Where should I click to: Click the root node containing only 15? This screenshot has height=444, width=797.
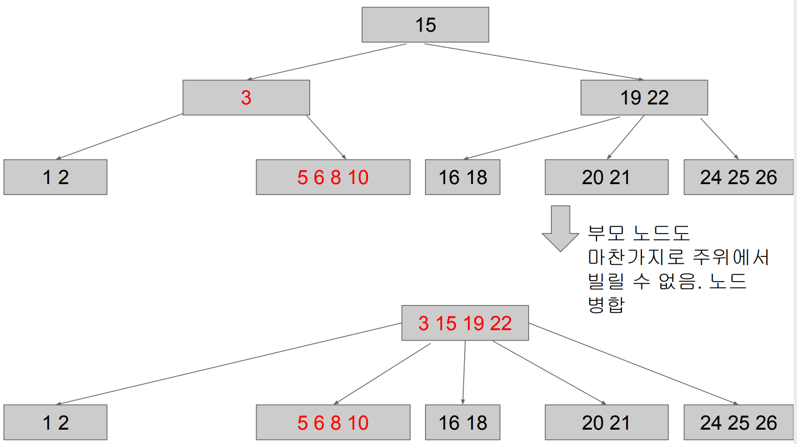tap(425, 25)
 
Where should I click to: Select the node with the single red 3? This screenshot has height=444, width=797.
tap(246, 98)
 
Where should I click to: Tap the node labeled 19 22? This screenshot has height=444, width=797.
tap(644, 98)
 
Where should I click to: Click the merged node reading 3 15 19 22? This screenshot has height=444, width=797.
tap(465, 323)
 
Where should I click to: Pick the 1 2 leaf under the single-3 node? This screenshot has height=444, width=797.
tap(55, 177)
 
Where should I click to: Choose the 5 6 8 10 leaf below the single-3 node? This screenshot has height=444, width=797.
tap(333, 177)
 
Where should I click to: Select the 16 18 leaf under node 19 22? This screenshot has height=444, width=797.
tap(463, 177)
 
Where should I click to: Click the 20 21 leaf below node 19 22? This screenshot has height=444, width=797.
tap(606, 177)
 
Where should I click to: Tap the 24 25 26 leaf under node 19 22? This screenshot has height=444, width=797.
tap(738, 177)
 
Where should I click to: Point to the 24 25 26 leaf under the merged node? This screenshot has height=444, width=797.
tap(738, 423)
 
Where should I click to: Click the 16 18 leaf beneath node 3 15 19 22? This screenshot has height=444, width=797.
tap(463, 423)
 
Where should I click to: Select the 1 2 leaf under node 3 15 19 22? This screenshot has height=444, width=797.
tap(55, 423)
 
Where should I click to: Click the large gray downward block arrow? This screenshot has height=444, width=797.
tap(560, 228)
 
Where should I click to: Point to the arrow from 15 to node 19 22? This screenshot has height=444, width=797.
tap(534, 62)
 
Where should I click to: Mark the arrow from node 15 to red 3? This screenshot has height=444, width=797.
tap(327, 62)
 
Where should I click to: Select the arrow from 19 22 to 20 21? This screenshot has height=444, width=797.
tap(626, 137)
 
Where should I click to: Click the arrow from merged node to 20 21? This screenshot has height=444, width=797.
tap(549, 372)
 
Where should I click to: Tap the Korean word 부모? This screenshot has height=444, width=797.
tap(606, 233)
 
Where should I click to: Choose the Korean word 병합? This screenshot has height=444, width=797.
tap(606, 304)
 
